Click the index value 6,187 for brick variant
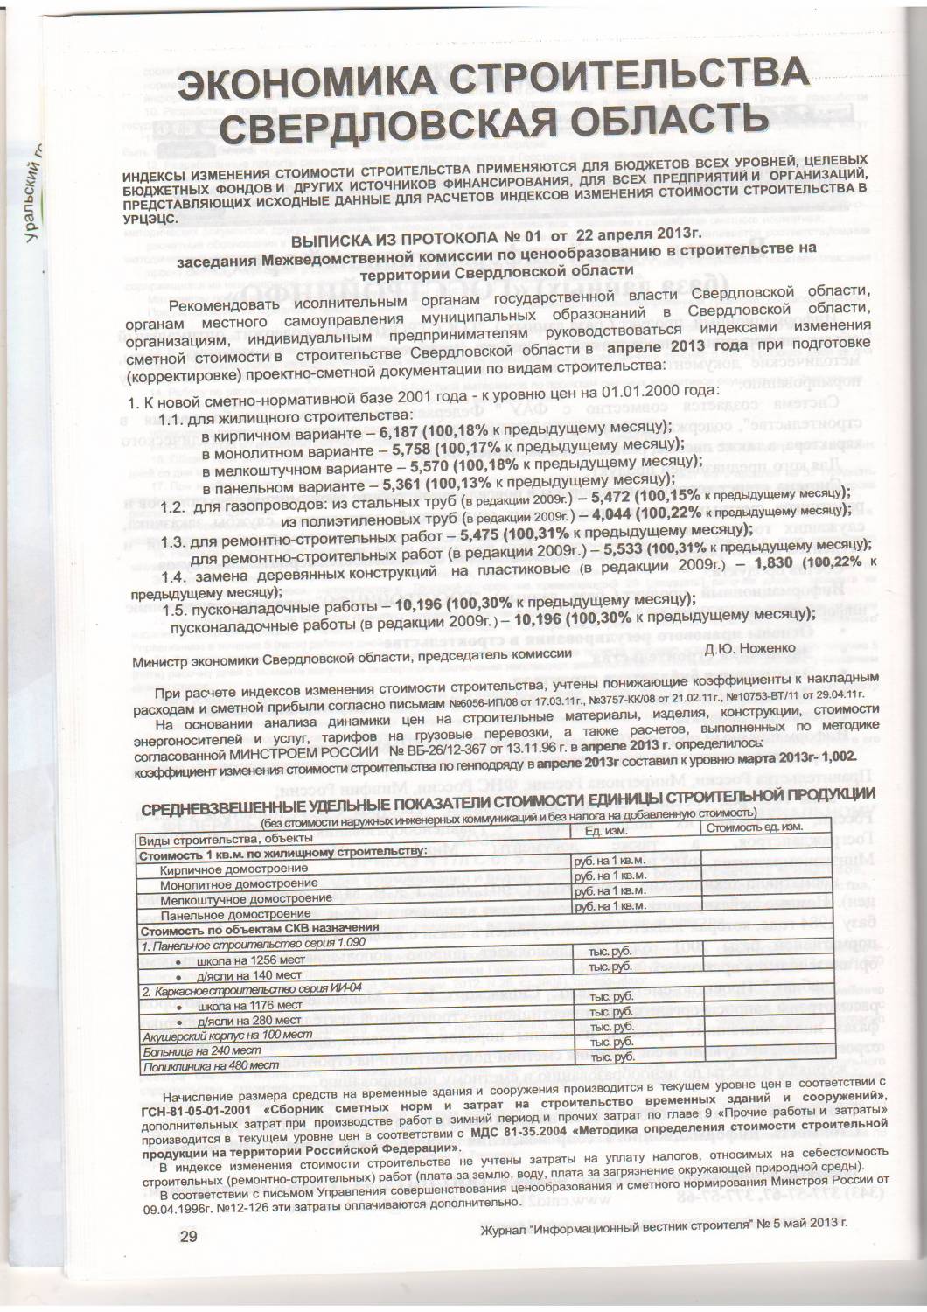pos(399,432)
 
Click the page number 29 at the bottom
pos(188,1236)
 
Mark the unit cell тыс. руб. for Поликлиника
pos(610,1059)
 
